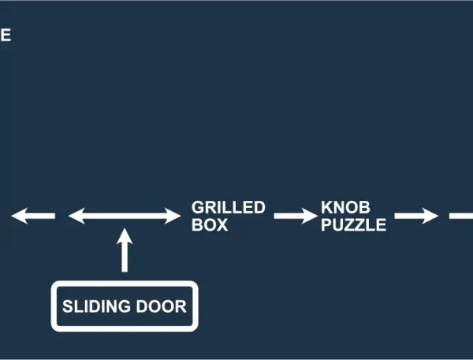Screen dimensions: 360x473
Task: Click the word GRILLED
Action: [228, 208]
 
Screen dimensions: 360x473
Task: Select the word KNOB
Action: [345, 208]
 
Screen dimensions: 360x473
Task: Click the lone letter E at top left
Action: [5, 35]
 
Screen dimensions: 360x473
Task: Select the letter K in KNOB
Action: [326, 208]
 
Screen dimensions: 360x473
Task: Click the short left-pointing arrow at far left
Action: [33, 216]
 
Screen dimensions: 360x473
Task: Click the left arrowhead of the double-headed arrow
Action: [76, 216]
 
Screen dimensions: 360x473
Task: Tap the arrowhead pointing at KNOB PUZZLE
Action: [308, 216]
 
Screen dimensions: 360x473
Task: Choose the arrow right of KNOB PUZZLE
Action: [415, 216]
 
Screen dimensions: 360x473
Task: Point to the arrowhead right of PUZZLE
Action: [430, 216]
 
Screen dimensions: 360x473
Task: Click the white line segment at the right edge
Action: [461, 216]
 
